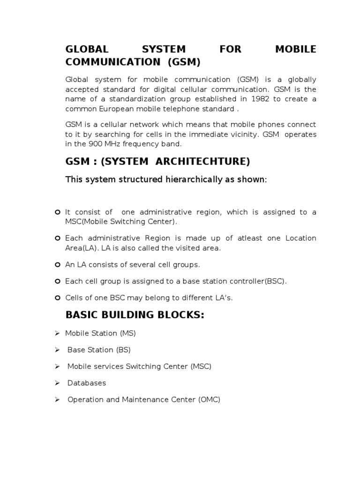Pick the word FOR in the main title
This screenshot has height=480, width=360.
(230, 49)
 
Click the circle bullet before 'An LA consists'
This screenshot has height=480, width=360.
(57, 265)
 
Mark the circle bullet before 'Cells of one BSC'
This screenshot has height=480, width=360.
(57, 298)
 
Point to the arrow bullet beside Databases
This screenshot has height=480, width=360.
(57, 383)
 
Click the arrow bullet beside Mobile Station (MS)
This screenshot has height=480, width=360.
(57, 333)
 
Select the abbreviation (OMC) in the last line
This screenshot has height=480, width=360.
(209, 400)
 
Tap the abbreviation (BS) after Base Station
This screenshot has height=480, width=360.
(123, 350)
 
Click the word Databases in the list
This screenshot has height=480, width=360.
(87, 383)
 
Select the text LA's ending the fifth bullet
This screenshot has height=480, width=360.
(222, 298)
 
